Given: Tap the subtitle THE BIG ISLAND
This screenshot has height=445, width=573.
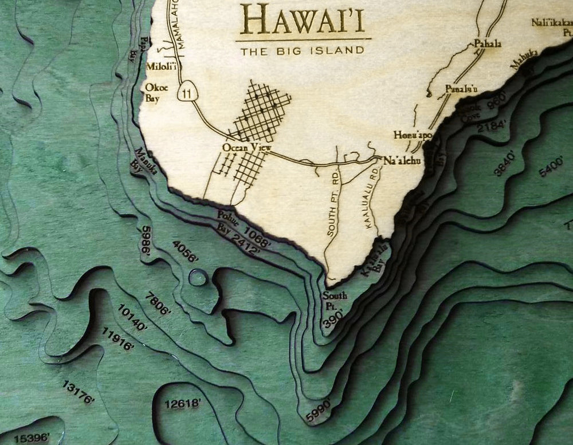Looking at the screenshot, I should pos(303,51).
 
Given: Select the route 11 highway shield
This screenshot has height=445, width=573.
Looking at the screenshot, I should pos(185,93).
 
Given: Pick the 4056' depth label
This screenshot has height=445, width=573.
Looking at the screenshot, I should pos(185,251).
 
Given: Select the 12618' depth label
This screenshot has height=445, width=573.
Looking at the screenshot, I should pos(182,404).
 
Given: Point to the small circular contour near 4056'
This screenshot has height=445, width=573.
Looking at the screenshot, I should pos(198,278).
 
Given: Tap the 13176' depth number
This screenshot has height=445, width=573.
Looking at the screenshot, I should pos(77,393).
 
